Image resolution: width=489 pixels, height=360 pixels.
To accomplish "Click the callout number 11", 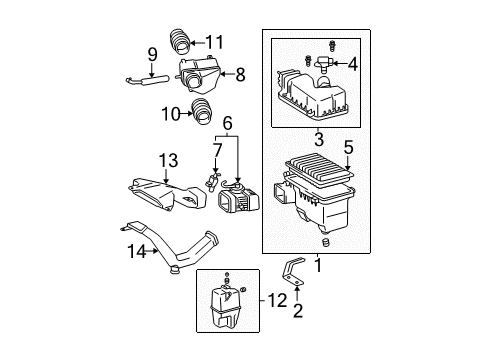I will [x=215, y=41].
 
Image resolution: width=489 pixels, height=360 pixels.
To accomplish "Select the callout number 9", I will [x=153, y=53].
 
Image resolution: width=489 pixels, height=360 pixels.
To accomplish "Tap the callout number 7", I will [x=216, y=150].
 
